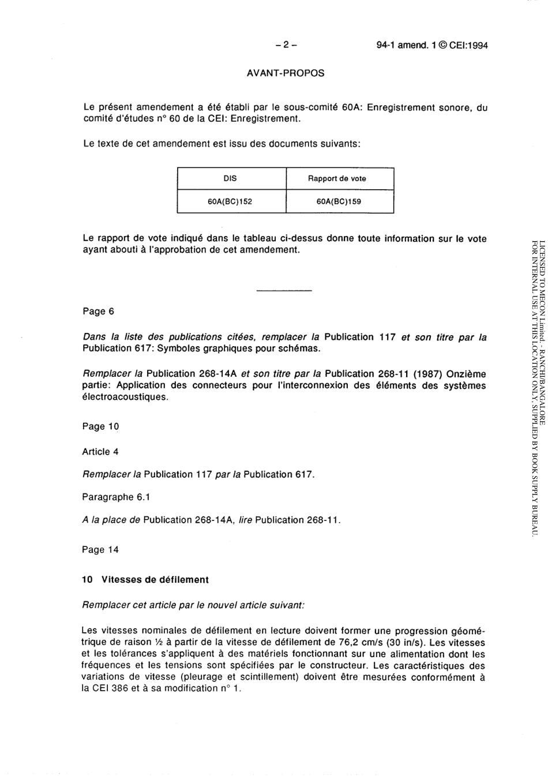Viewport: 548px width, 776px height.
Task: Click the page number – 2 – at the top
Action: click(x=286, y=45)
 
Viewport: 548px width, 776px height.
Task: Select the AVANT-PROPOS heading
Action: click(x=286, y=73)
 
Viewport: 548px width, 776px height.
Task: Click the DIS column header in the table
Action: click(x=230, y=179)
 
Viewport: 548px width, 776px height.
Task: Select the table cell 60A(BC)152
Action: click(x=230, y=202)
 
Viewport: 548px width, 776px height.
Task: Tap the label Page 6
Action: click(x=99, y=312)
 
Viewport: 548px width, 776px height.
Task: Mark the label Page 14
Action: click(x=100, y=550)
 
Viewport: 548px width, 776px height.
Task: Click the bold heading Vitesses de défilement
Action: click(x=155, y=580)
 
